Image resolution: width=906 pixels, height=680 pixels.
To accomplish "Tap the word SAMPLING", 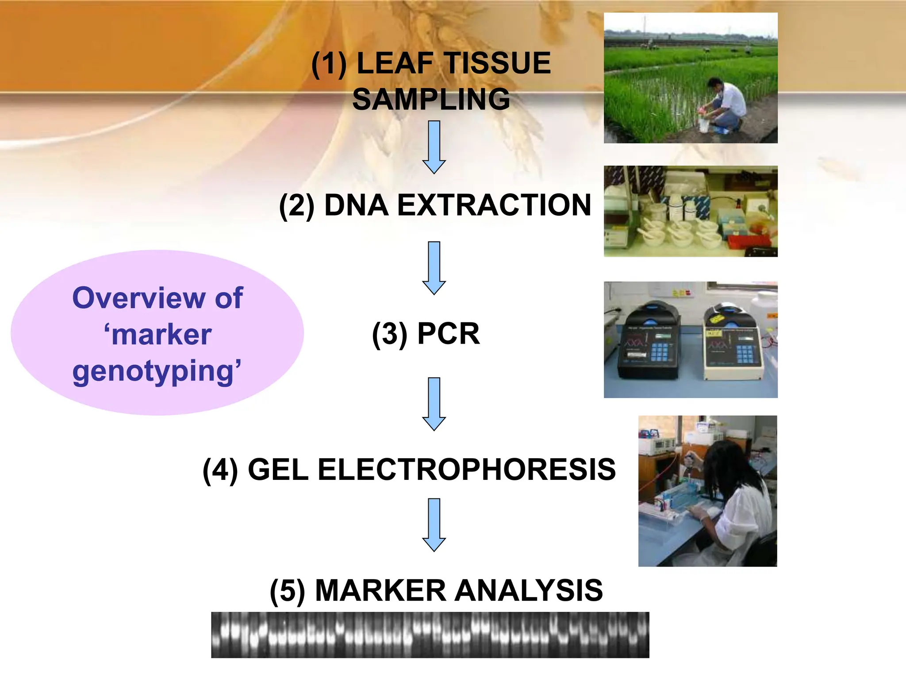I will [x=431, y=100].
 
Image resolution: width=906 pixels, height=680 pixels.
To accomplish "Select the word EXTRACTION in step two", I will [x=494, y=205].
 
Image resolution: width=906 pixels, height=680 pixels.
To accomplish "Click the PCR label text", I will [x=449, y=333].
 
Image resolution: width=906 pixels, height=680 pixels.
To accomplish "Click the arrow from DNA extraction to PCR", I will [x=434, y=268].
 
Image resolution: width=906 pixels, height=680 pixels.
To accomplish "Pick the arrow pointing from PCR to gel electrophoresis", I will [x=434, y=404].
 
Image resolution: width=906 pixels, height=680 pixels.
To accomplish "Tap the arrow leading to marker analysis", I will [x=434, y=525].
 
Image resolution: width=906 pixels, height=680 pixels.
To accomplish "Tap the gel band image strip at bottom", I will [x=430, y=635].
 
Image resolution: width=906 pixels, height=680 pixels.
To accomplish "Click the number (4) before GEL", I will [x=220, y=470].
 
